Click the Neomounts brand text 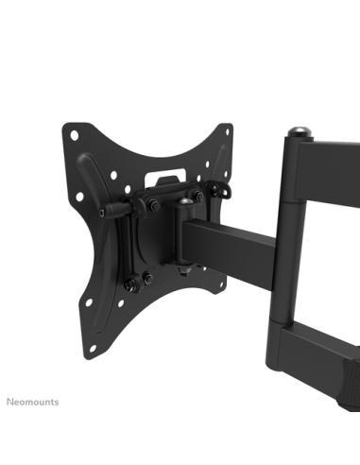pyautogui.click(x=32, y=402)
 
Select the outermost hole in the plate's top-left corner pyautogui.click(x=71, y=133)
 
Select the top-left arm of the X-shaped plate pyautogui.click(x=90, y=151)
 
